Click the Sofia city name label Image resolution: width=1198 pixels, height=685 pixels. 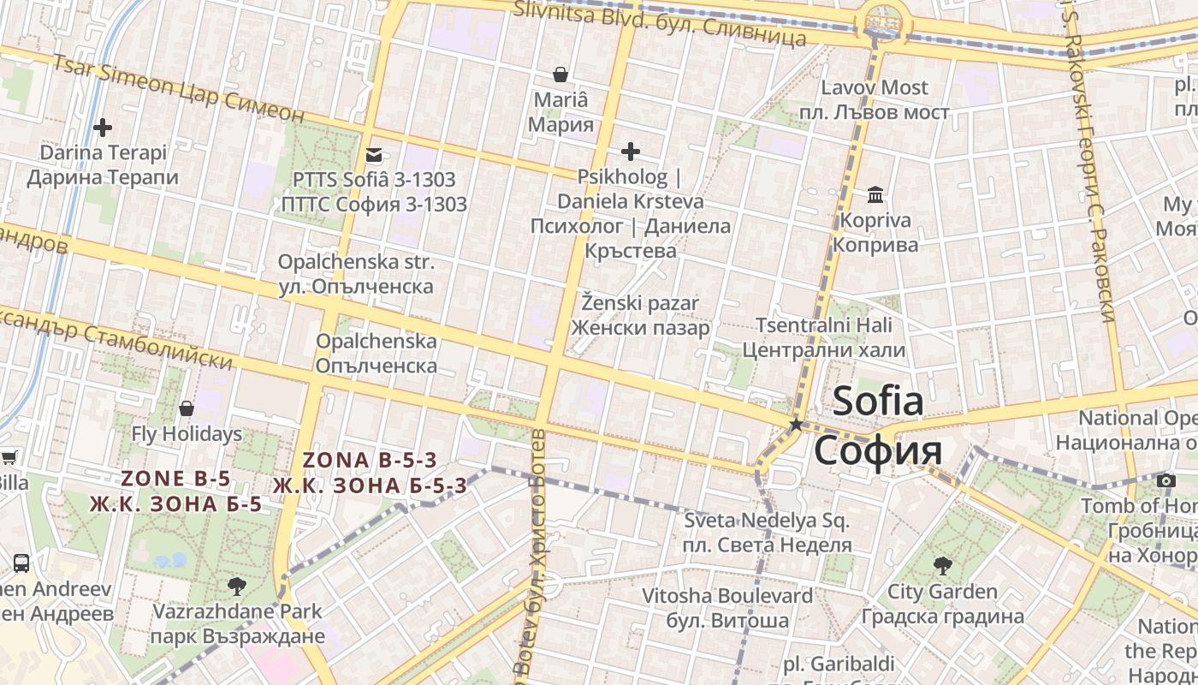click(878, 426)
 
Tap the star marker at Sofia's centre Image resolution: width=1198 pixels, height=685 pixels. click(796, 425)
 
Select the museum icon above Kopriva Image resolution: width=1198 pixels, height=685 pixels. click(875, 195)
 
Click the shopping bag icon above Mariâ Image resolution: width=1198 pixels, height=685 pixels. click(560, 74)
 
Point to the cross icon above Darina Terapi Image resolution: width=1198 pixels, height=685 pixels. click(103, 128)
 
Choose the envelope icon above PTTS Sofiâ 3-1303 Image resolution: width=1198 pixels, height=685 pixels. click(374, 155)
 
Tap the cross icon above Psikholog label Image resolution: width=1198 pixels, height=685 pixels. click(631, 152)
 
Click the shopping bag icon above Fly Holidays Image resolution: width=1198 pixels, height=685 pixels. click(187, 408)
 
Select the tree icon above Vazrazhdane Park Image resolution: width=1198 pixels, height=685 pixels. click(237, 587)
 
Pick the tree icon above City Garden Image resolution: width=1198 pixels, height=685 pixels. click(942, 566)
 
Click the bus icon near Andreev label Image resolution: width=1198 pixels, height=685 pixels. click(21, 563)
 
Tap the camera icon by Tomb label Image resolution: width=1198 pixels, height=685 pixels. click(1165, 480)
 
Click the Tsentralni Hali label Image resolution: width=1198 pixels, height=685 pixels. click(823, 337)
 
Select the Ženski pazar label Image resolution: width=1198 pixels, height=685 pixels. click(640, 315)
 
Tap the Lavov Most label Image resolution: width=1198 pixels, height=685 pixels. click(874, 99)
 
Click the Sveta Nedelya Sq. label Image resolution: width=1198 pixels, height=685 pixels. click(767, 533)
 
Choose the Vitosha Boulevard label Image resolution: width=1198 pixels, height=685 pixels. click(727, 607)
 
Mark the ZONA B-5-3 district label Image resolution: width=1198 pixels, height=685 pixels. click(370, 473)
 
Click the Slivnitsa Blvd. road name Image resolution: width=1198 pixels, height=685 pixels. click(659, 23)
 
